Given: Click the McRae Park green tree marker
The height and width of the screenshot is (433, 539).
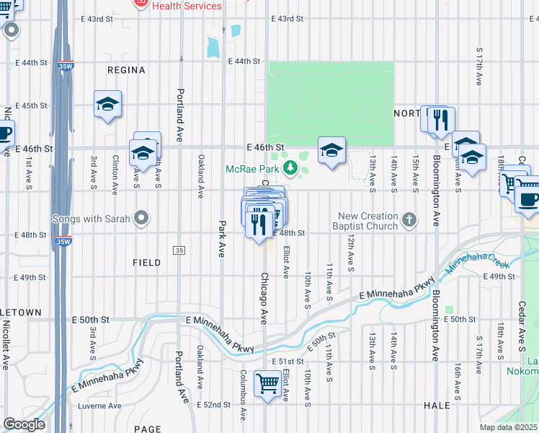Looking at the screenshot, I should [290, 169].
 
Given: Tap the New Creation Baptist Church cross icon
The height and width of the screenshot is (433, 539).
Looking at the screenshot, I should [409, 218].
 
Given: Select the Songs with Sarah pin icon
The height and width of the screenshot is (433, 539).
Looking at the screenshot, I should [141, 218].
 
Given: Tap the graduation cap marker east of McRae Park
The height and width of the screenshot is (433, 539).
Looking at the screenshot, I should [331, 150].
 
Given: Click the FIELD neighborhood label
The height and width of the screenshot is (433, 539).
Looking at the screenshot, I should [146, 263].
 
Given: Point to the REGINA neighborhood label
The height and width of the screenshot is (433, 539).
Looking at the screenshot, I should [126, 70].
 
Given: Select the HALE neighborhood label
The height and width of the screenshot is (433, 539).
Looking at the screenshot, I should [437, 406].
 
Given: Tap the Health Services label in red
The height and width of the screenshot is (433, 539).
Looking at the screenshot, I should [187, 6].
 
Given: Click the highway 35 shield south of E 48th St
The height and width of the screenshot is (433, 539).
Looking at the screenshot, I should [179, 250].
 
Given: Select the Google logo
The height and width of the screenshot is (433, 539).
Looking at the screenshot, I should [24, 424].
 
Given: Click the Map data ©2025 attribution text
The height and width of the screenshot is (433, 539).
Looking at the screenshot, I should [508, 427].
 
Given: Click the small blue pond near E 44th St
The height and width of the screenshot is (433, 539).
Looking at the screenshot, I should [212, 48].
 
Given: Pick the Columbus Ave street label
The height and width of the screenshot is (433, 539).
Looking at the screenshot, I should [244, 390].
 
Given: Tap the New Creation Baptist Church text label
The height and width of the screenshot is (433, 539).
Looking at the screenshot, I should [368, 221].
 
